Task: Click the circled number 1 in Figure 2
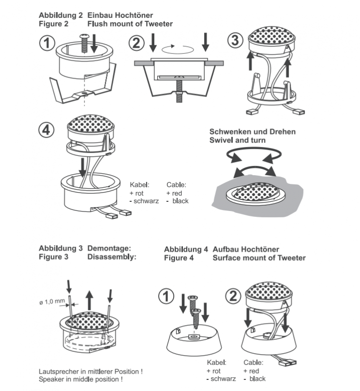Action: click(x=47, y=43)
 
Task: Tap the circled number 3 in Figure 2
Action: click(x=235, y=40)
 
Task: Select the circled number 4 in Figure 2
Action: click(x=47, y=130)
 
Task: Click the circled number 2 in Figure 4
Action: click(x=233, y=296)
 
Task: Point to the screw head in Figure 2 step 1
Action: click(x=84, y=37)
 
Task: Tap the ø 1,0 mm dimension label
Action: click(x=52, y=302)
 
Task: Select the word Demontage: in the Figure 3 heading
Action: click(x=109, y=248)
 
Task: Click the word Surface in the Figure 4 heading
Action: click(x=227, y=258)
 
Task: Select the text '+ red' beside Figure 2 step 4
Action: click(x=174, y=193)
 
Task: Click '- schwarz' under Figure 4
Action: click(x=221, y=379)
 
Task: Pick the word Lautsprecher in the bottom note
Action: click(x=58, y=372)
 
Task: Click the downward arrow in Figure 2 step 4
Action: click(x=82, y=167)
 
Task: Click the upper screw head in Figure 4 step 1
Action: click(x=193, y=297)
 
